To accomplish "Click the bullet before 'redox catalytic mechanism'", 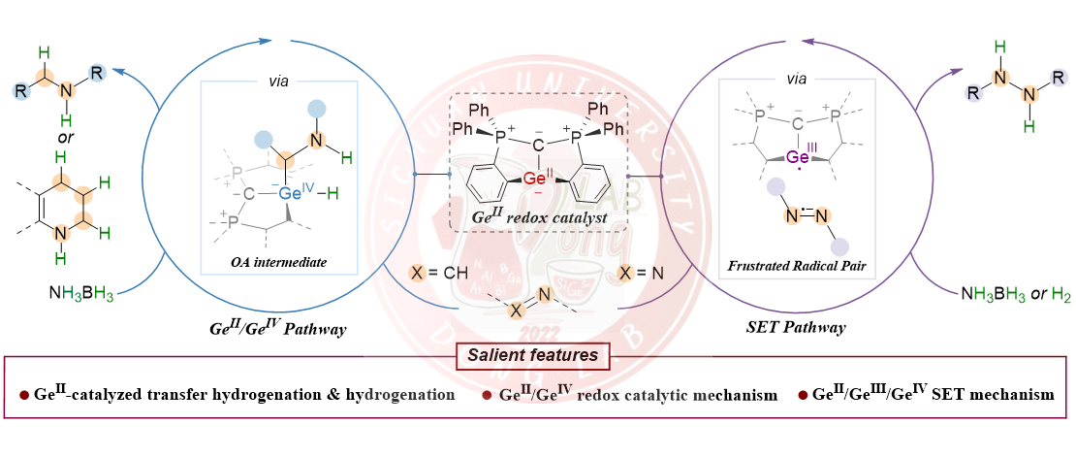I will (x=486, y=396).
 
